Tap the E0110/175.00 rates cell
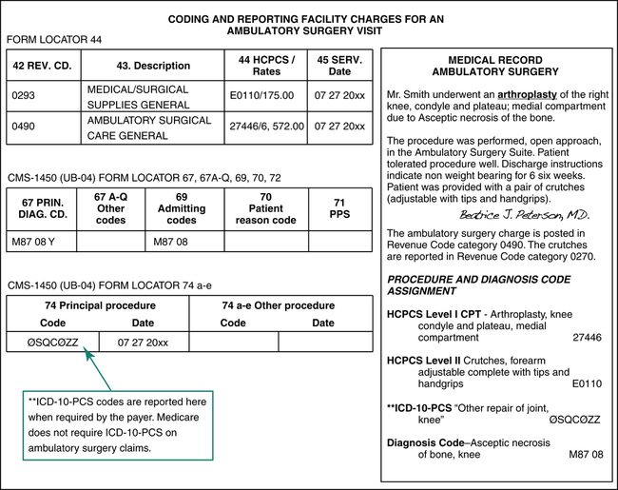pyautogui.click(x=262, y=96)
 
